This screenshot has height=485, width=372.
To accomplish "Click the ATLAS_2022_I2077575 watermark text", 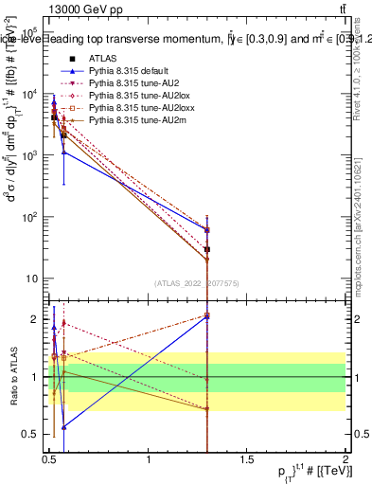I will point(197,283).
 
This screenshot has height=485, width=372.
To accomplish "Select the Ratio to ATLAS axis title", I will point(14,377).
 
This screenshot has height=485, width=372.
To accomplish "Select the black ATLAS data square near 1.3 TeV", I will point(206,249).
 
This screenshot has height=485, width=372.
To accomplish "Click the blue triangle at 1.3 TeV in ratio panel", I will point(206,318).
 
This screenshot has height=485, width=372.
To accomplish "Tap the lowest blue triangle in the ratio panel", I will point(63,427).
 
